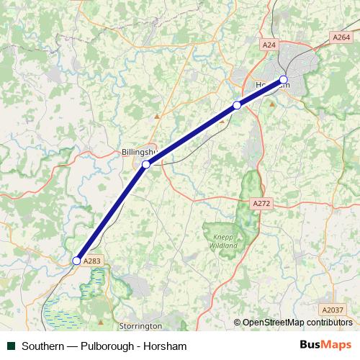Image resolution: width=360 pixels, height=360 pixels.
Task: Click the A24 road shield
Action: (269, 45)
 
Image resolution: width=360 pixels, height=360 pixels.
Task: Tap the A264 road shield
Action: (341, 37)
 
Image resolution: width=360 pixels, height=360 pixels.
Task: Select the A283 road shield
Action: (91, 261)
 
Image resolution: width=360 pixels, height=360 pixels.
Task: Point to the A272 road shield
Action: (261, 204)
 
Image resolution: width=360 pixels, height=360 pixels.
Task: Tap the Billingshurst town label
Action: (138, 153)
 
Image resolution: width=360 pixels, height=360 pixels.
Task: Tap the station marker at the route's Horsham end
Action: (283, 79)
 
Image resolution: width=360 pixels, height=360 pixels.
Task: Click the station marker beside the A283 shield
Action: (76, 261)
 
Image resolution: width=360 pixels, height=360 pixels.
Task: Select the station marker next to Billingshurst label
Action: (146, 165)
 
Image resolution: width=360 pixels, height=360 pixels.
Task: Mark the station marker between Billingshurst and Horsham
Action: (237, 106)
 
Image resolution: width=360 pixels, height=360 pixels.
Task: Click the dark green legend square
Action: (10, 346)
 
